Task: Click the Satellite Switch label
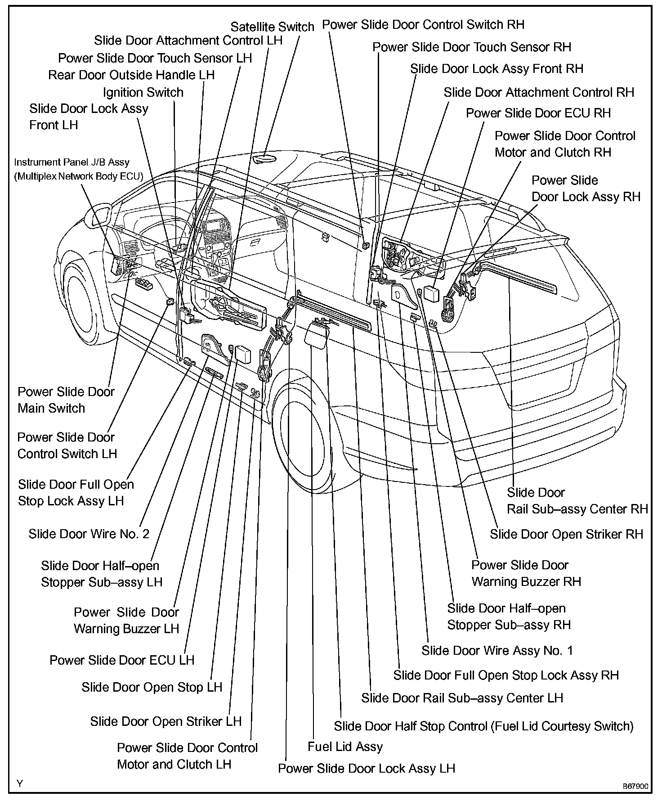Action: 272,27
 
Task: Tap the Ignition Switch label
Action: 143,93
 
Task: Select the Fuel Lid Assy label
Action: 345,747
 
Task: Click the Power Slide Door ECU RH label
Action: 538,113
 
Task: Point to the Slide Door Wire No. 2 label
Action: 89,534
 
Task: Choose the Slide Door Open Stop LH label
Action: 152,687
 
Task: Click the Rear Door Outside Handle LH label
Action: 131,75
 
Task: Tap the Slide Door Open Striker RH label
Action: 566,534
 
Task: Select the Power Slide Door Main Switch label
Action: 66,400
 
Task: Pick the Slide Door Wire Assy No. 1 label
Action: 497,650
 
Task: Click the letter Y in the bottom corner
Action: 20,783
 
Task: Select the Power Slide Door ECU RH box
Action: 431,294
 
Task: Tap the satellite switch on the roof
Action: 264,158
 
